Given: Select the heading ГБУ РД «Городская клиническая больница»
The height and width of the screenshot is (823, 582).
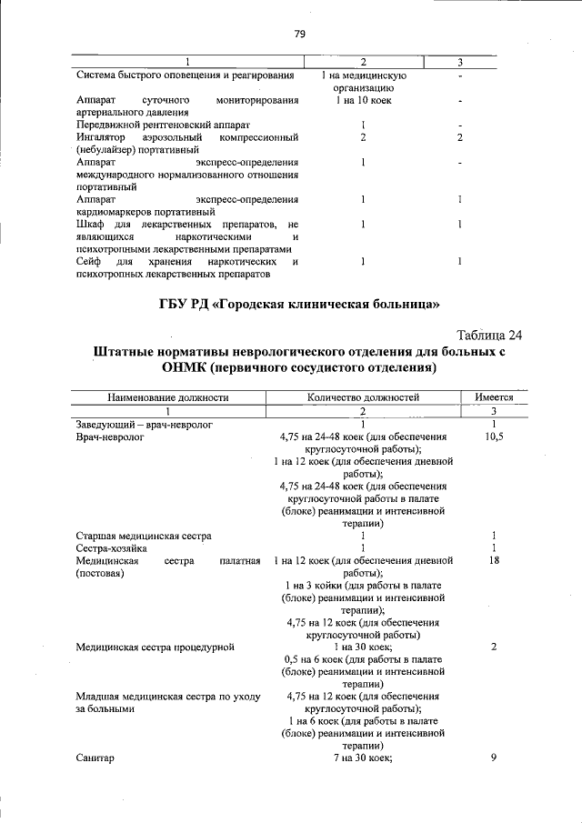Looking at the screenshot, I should (x=298, y=301).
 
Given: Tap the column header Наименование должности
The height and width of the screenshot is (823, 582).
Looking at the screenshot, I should (x=168, y=397).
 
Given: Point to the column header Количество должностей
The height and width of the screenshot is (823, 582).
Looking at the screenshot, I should (x=363, y=397).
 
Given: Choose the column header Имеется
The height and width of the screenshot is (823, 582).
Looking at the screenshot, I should (x=493, y=397).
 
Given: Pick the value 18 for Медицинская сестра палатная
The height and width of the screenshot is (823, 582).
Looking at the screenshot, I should (x=493, y=561).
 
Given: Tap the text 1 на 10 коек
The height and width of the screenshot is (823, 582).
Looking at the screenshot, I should (x=363, y=101).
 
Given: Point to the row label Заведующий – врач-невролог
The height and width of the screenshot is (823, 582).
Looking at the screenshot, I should (x=145, y=424).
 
